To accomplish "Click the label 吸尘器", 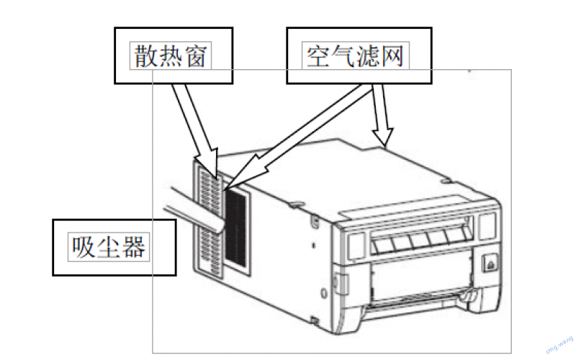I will point(109,247).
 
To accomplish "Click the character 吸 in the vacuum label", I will point(83,247).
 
